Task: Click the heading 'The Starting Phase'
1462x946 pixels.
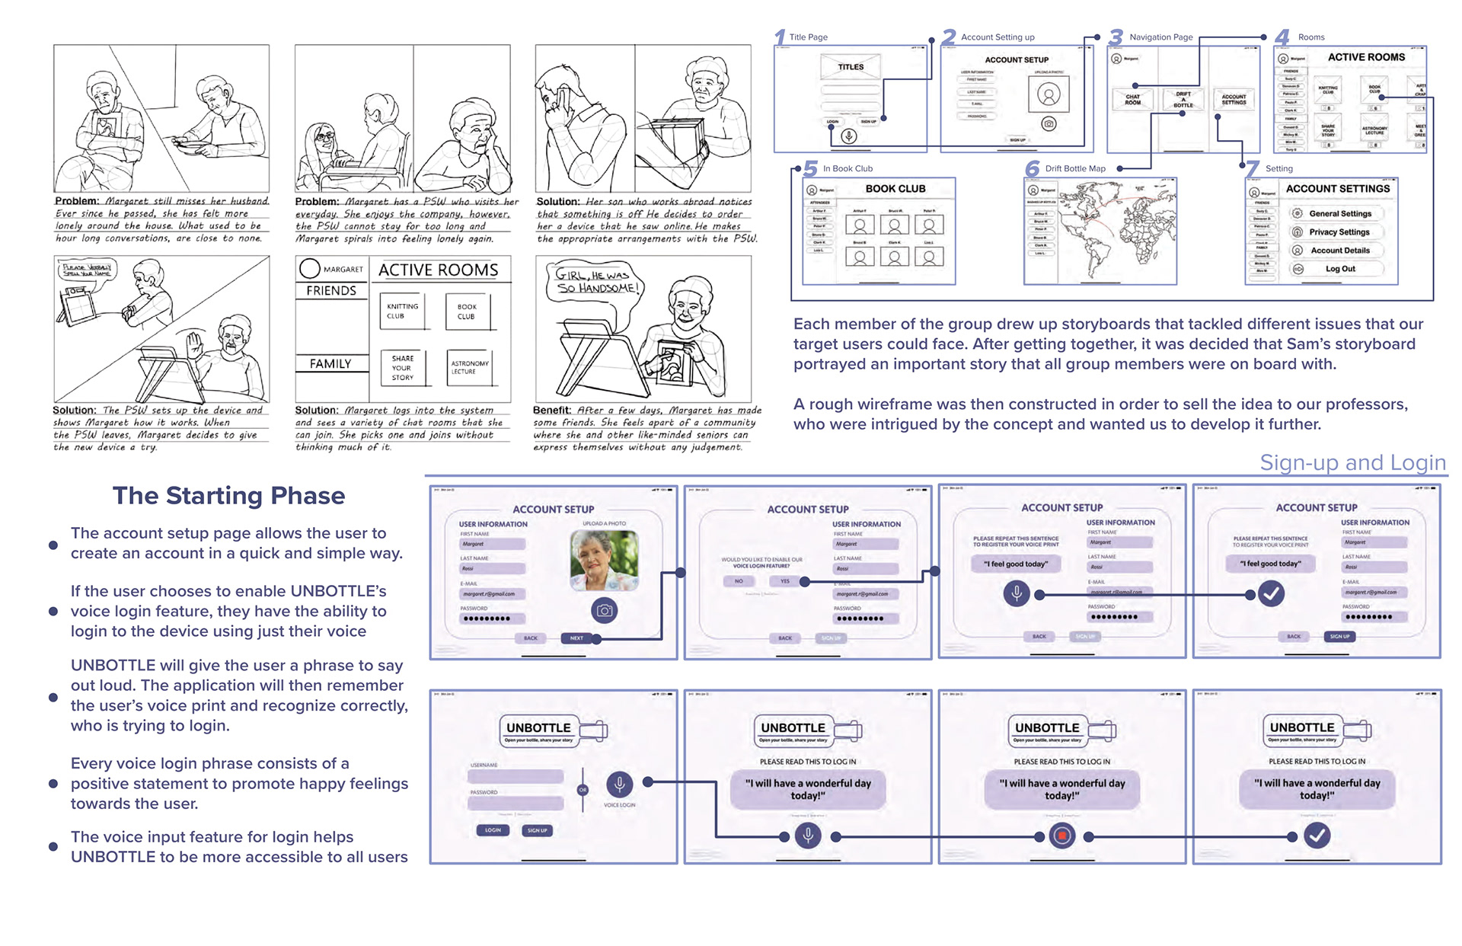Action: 228,496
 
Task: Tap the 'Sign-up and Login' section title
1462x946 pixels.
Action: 1352,462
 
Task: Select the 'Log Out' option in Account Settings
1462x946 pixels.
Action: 1340,269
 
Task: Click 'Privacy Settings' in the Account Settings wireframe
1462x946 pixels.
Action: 1339,232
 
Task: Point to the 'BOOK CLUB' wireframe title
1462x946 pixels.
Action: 895,189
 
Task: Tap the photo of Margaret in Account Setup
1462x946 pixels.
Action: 604,561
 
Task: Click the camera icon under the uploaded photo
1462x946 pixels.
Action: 604,610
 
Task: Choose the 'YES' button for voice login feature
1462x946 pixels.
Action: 784,581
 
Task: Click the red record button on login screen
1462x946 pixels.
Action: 1061,836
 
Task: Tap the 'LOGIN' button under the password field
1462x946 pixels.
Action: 493,830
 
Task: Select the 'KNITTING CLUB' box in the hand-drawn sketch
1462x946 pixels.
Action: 403,312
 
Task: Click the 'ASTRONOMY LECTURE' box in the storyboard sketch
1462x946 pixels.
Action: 469,367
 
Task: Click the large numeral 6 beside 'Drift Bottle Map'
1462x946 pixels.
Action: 1032,168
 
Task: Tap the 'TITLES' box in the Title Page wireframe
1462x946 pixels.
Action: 851,67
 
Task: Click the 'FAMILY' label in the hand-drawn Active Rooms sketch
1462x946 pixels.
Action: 330,364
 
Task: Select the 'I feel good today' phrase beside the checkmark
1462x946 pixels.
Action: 1270,564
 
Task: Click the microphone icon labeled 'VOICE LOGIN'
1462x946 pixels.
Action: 619,784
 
